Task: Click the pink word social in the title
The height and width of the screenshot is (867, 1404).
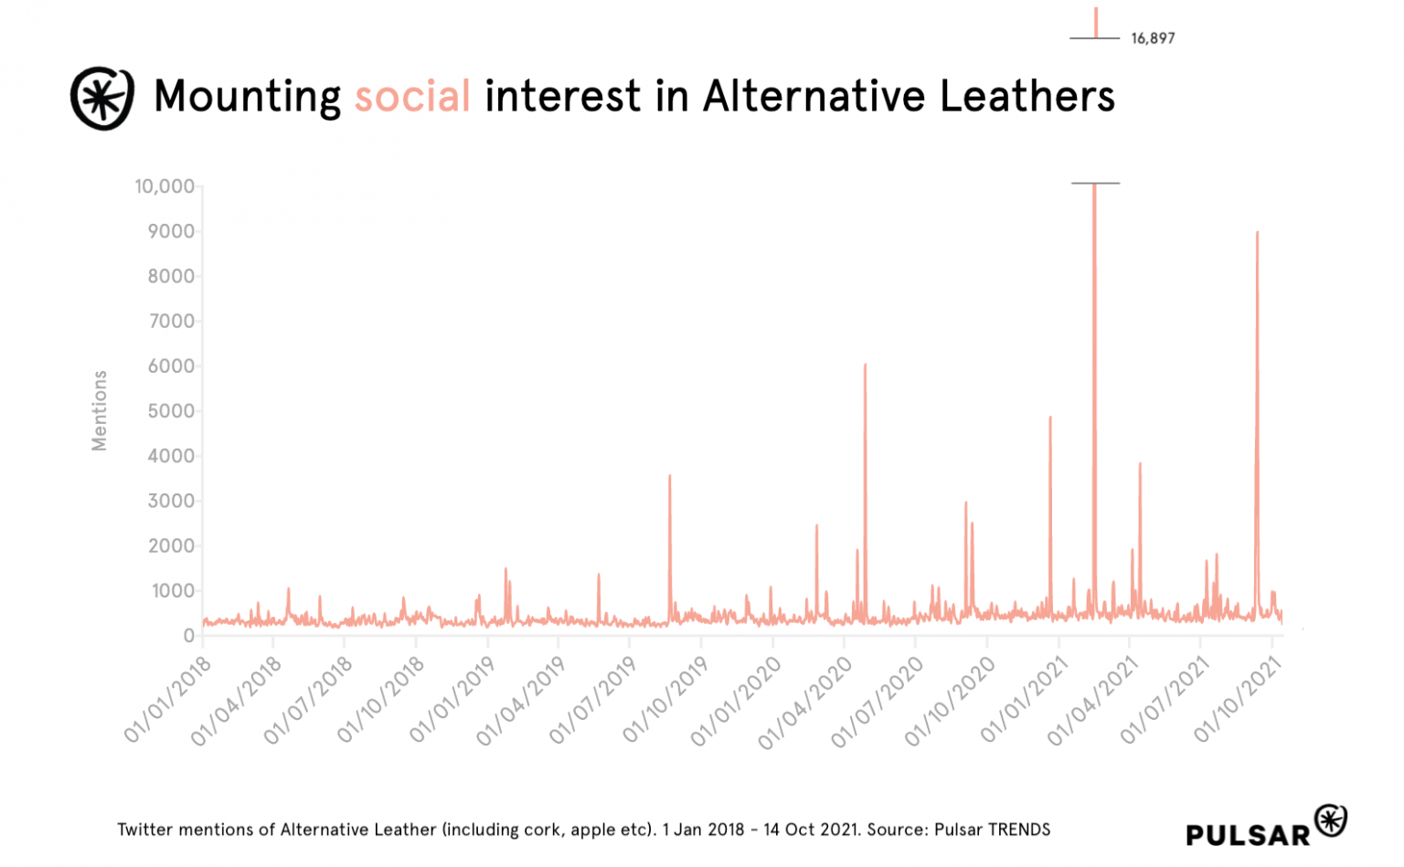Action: pyautogui.click(x=412, y=96)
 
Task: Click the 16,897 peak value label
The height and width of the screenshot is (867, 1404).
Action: pyautogui.click(x=1152, y=38)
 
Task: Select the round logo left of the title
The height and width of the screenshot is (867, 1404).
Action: pyautogui.click(x=102, y=98)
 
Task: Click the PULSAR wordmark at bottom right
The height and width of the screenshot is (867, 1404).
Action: pyautogui.click(x=1248, y=834)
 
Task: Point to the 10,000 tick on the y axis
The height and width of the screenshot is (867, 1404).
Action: pyautogui.click(x=165, y=186)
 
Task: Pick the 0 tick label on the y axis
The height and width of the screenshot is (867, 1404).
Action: pyautogui.click(x=188, y=636)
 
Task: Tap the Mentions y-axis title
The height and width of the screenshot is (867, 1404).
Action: pyautogui.click(x=99, y=410)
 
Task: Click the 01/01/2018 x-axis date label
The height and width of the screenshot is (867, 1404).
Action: pyautogui.click(x=169, y=699)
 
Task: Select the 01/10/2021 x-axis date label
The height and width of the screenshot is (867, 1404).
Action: pyautogui.click(x=1239, y=699)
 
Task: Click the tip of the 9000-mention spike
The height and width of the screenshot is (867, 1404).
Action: pyautogui.click(x=1257, y=232)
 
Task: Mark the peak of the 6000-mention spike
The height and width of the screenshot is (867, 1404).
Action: pyautogui.click(x=865, y=365)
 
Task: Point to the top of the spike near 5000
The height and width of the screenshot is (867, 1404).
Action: pyautogui.click(x=1050, y=417)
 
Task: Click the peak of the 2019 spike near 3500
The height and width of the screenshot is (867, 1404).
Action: pyautogui.click(x=669, y=475)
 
